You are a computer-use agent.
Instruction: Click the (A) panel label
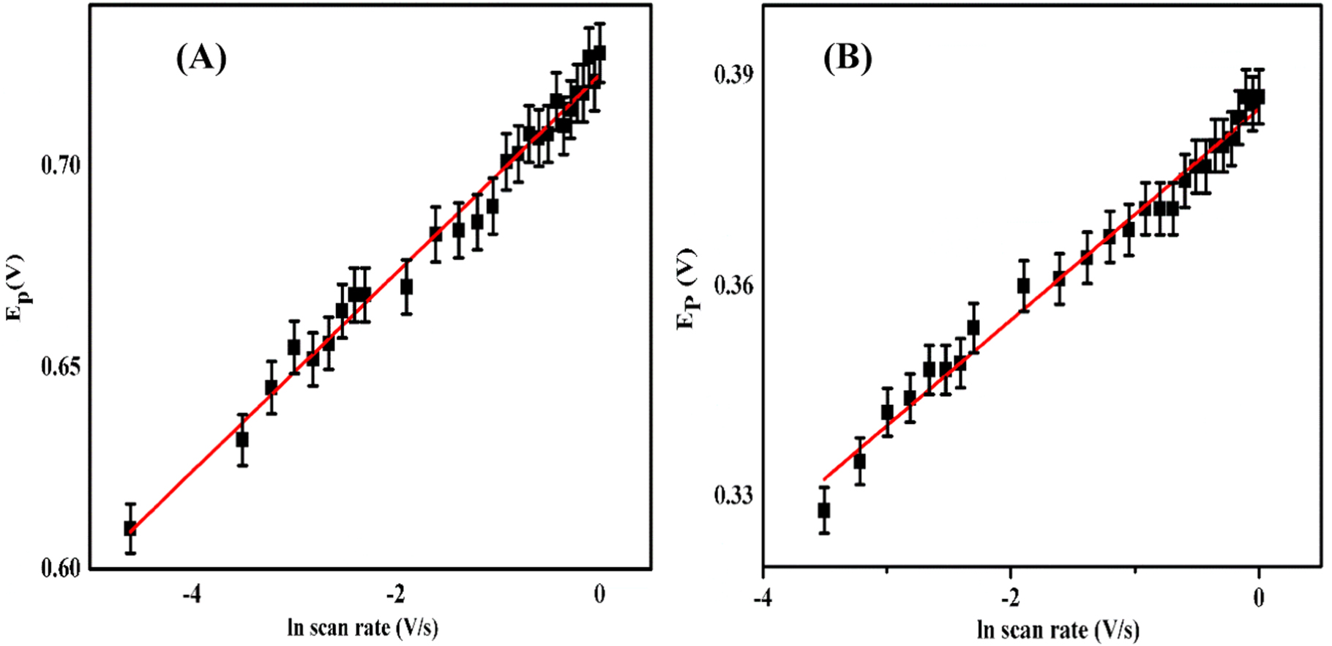[201, 58]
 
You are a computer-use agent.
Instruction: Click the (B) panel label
[848, 58]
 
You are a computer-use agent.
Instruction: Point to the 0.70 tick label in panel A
[60, 166]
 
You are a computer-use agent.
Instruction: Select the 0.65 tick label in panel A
[60, 367]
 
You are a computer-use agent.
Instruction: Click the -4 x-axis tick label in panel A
[192, 595]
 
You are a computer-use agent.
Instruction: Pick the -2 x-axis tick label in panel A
[396, 595]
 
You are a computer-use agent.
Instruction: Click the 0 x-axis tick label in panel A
[599, 595]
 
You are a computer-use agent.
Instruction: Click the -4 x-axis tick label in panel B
[763, 598]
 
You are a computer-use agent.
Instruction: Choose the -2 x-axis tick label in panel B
[1011, 598]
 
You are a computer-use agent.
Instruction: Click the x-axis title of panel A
[363, 628]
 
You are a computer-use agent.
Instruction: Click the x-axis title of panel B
[1058, 630]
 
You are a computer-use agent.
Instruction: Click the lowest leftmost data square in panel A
[130, 528]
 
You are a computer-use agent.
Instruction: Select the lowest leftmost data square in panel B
[824, 510]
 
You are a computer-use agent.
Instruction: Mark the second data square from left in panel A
[242, 439]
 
